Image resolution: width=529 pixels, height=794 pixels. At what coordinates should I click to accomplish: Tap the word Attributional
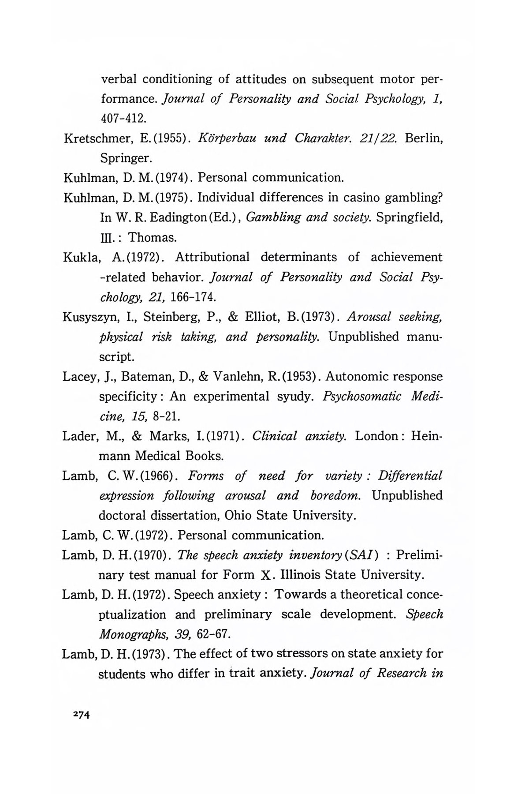click(212, 257)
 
